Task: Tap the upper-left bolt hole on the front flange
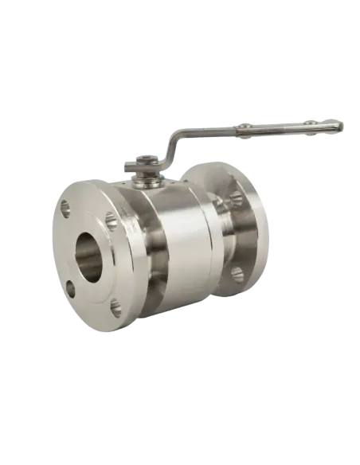[65, 209]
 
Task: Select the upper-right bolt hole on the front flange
[111, 221]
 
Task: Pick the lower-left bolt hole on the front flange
[71, 289]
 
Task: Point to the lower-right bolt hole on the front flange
[116, 306]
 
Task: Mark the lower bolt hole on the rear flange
[237, 275]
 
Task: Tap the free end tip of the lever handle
[340, 123]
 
